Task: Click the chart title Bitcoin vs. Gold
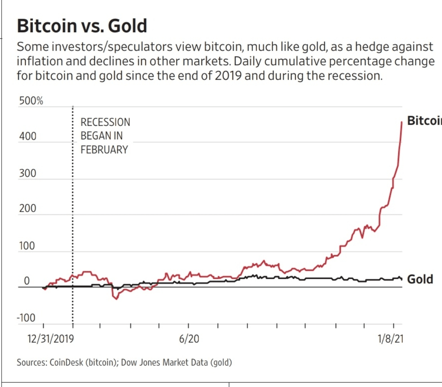point(81,26)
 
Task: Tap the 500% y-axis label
point(30,101)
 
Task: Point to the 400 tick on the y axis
point(27,136)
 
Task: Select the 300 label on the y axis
point(27,173)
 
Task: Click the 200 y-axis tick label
point(27,209)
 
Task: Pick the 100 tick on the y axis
point(27,246)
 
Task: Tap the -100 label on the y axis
point(26,318)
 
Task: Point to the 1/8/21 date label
point(390,339)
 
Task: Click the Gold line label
point(420,280)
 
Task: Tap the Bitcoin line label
point(424,121)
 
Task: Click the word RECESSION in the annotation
point(105,122)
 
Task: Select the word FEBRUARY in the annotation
point(104,150)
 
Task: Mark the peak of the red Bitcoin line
point(401,122)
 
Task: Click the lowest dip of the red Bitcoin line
point(116,299)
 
